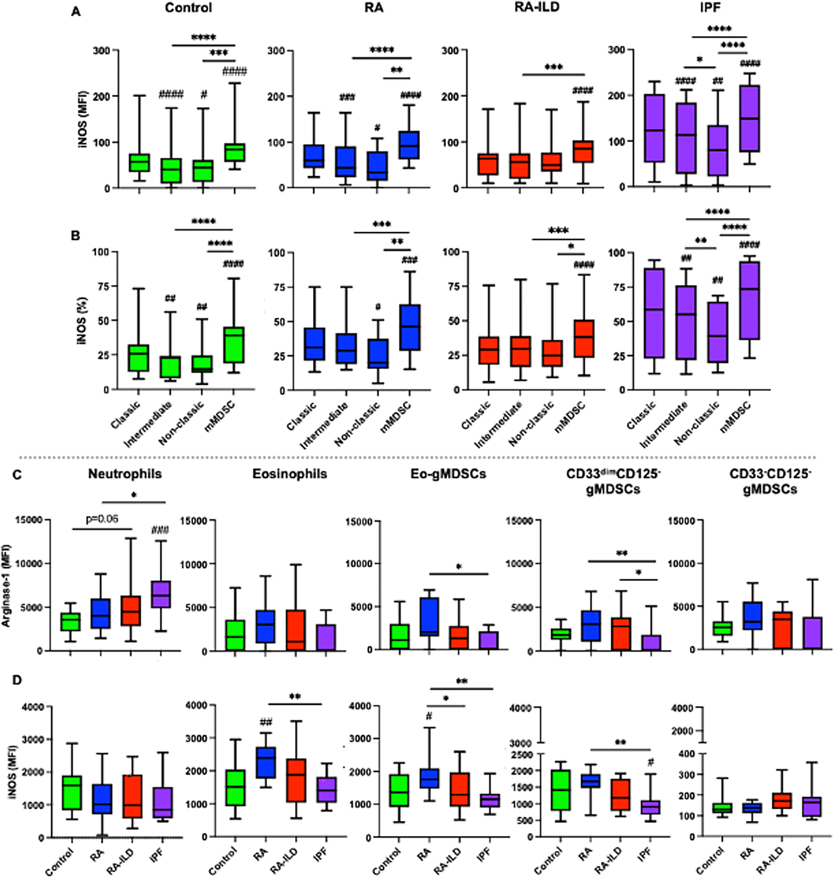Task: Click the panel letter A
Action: [76, 12]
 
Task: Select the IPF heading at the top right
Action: [710, 8]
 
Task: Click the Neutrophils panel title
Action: [125, 474]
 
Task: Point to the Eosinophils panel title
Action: [290, 474]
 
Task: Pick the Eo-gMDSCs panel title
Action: [448, 474]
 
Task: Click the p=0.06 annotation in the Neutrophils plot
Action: [102, 519]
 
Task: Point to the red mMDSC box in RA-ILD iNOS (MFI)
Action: [583, 152]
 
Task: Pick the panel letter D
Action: [16, 680]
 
